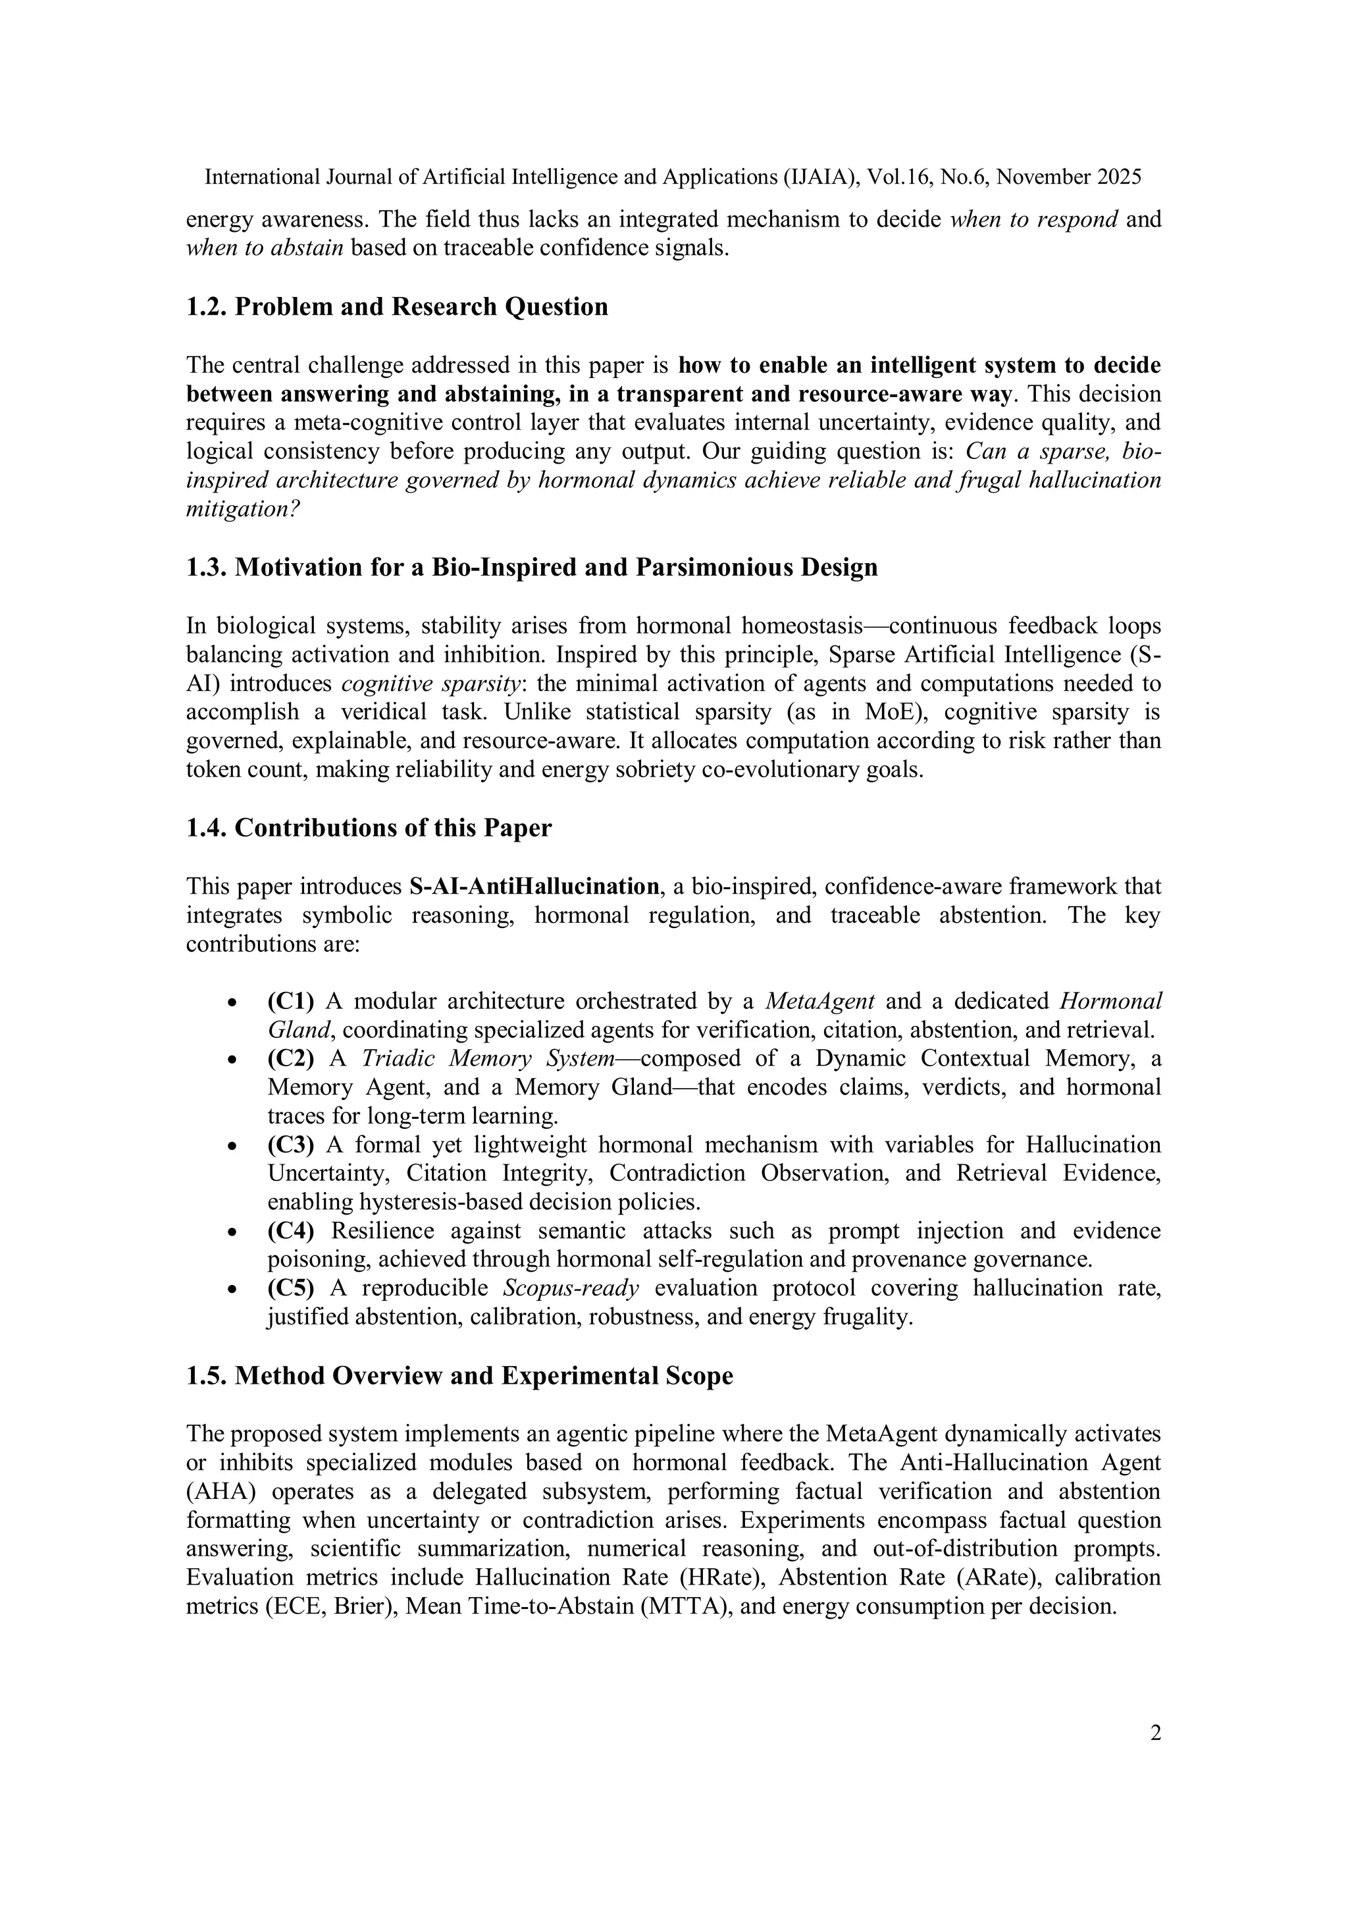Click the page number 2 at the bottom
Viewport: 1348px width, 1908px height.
(x=1155, y=1733)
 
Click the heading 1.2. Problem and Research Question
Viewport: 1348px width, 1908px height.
(x=397, y=307)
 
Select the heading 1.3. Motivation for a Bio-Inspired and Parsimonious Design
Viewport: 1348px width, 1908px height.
(x=532, y=568)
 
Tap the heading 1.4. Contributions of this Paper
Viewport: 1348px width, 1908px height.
(x=369, y=829)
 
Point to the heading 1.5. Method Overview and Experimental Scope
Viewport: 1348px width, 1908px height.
(x=459, y=1376)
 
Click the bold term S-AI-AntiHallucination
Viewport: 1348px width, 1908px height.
(x=534, y=886)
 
